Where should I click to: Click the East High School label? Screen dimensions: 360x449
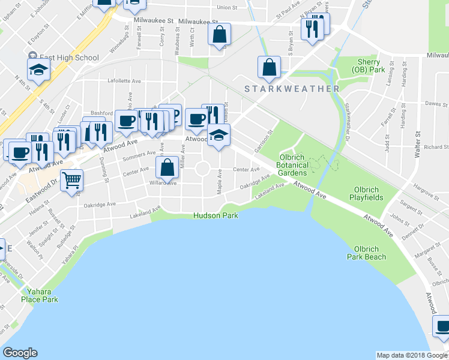pos(70,58)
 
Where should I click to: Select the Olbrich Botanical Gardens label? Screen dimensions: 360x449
pos(294,165)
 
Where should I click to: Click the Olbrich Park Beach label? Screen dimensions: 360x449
pos(366,253)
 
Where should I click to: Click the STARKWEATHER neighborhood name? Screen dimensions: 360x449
pos(292,89)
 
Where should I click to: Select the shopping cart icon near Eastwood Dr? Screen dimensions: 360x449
pos(71,179)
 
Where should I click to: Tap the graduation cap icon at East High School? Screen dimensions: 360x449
pos(38,69)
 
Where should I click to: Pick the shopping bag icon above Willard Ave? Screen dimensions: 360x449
pos(167,167)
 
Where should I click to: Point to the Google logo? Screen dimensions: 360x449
pos(20,353)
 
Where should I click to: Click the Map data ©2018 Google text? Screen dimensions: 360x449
pos(412,355)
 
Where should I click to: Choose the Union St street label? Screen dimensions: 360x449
pos(228,8)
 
